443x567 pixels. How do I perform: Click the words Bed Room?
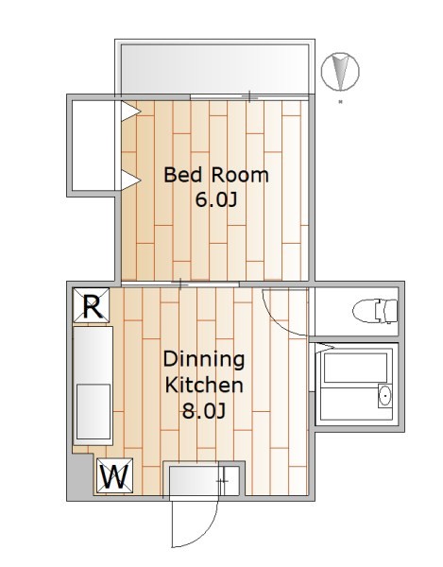coord(216,175)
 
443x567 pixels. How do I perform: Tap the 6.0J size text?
coord(216,199)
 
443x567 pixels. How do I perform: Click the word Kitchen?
coord(204,386)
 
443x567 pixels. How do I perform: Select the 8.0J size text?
coord(204,410)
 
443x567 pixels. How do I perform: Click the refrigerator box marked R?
coord(92,305)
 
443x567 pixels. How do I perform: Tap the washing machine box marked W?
coord(115,475)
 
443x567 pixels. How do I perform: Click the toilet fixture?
coord(375,311)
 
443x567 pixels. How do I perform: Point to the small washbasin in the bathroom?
coord(385,396)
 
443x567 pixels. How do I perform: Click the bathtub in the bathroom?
coord(355,368)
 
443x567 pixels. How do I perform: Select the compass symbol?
coord(340,72)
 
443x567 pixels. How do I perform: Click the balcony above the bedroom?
coord(214,69)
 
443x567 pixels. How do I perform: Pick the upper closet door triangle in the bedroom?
coord(129,111)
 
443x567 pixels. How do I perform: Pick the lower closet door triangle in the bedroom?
coord(129,180)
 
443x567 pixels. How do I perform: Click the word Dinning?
coord(204,360)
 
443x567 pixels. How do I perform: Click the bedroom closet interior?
coord(94,146)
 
